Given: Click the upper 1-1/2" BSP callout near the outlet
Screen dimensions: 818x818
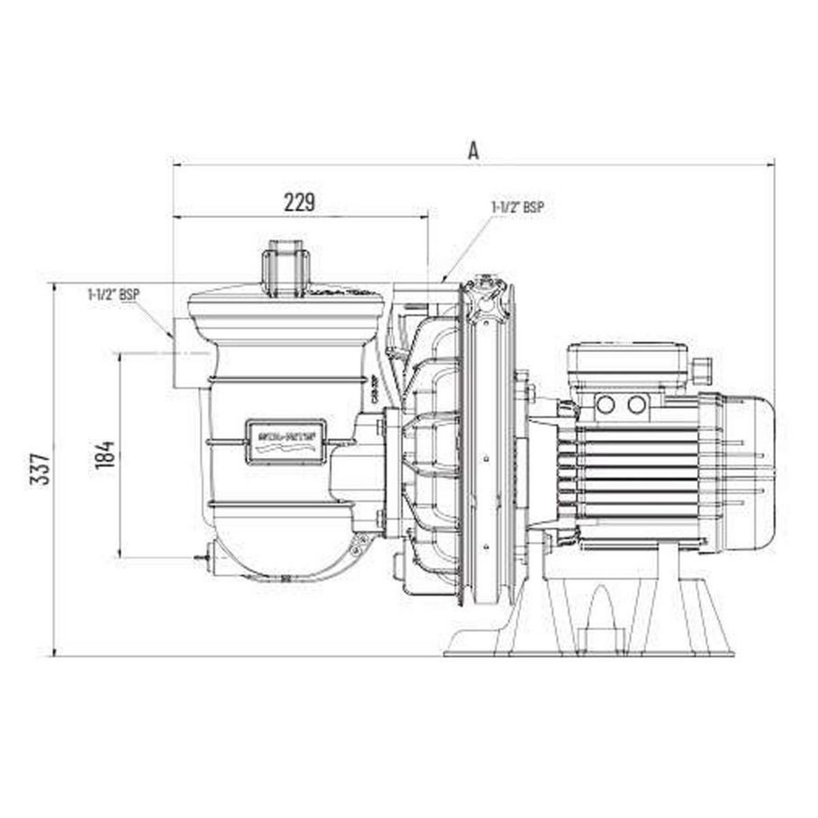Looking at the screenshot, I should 518,207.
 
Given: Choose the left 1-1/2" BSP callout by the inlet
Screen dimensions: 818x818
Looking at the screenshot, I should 114,295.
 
